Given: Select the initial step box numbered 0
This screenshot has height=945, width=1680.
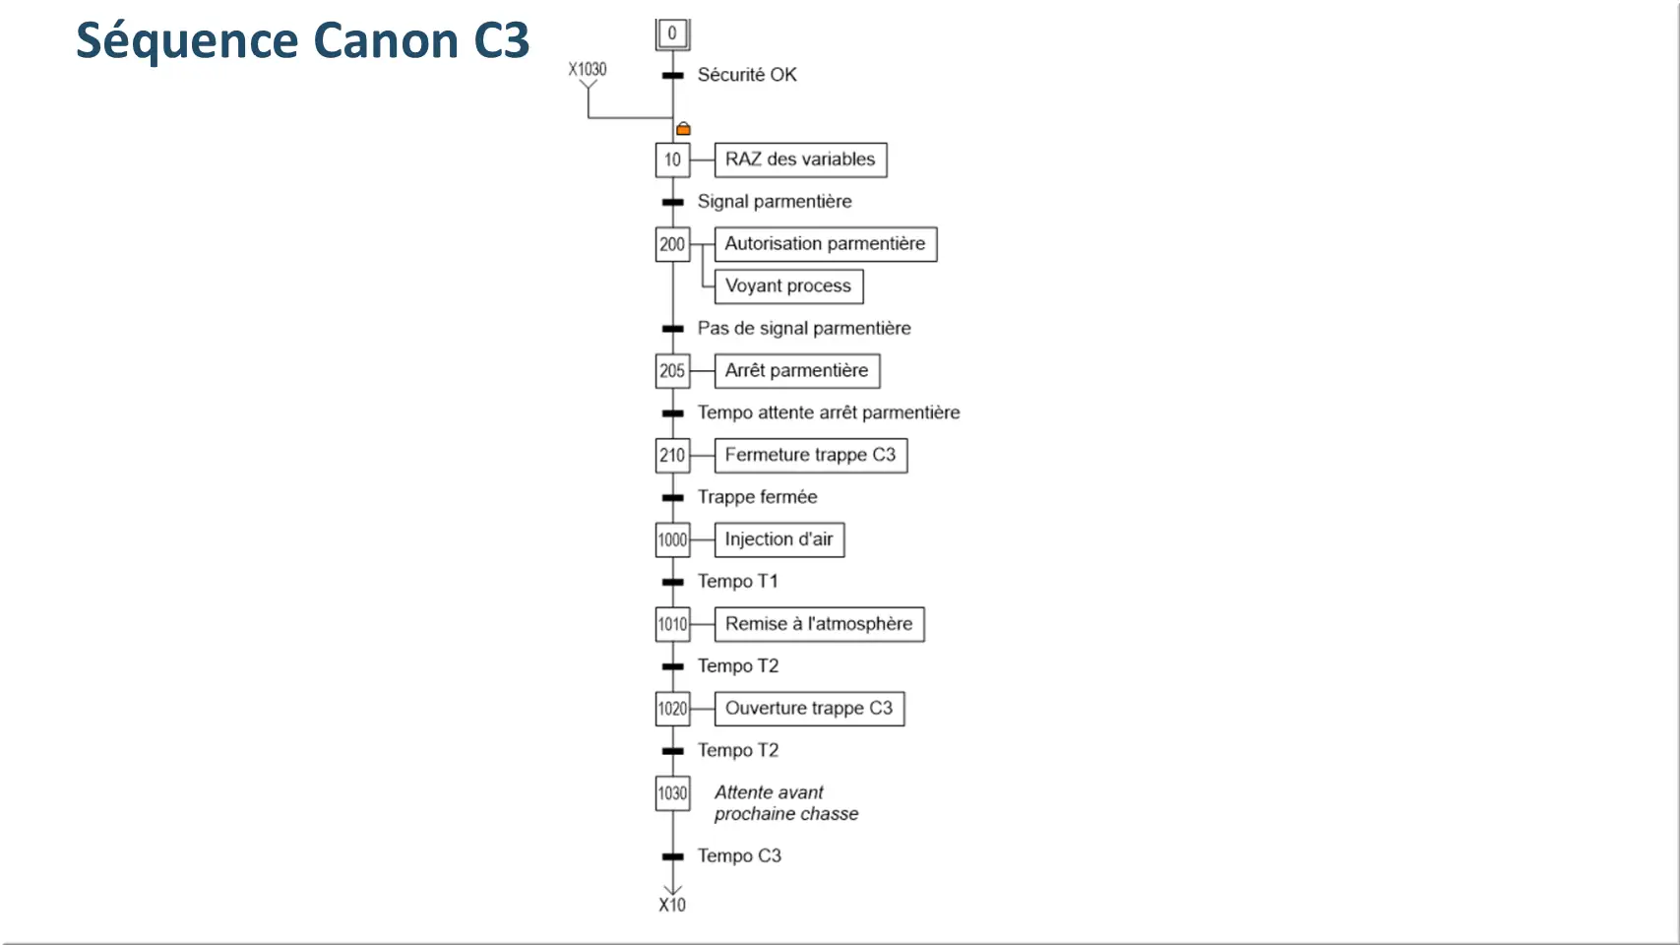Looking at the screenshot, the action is tap(672, 33).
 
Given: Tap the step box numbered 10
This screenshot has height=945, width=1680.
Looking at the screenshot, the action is tap(672, 159).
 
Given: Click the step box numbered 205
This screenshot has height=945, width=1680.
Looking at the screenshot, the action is tap(672, 370).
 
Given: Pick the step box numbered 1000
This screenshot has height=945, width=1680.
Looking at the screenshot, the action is tap(672, 539).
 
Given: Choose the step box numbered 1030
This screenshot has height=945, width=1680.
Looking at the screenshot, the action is tap(672, 792).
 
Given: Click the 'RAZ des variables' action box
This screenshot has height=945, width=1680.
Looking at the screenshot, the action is tap(800, 159).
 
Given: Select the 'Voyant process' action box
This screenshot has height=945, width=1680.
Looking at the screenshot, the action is tap(788, 286).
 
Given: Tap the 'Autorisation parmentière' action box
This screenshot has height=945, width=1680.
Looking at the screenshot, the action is tap(825, 244).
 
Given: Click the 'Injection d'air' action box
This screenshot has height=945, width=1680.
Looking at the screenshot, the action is tap(779, 539).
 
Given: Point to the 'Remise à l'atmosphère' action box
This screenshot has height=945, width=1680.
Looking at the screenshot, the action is tap(819, 624).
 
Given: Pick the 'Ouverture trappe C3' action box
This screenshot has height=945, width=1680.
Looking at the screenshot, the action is tap(809, 709).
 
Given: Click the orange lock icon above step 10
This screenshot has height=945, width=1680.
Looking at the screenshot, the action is tap(683, 129).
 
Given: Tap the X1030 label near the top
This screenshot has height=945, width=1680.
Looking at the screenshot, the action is tap(588, 70).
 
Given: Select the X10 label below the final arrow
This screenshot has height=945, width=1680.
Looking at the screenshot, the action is tap(672, 906).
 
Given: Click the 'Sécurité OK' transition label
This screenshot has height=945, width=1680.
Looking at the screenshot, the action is tap(747, 75).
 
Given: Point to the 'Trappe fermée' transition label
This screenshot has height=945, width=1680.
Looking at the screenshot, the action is tap(758, 497).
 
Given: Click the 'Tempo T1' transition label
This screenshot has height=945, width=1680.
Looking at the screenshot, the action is tap(738, 581).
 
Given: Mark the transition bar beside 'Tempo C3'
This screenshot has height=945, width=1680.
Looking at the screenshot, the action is tap(673, 856).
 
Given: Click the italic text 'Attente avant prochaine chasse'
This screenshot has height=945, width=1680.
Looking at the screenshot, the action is tap(786, 803).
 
